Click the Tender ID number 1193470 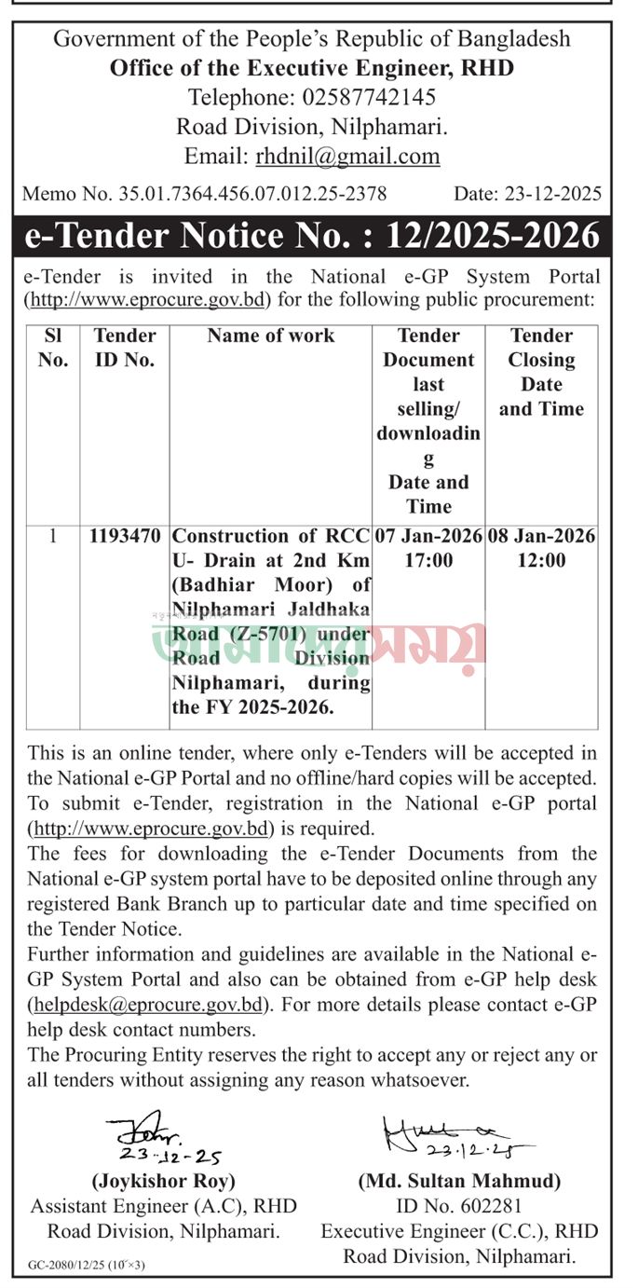125,536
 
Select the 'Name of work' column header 270,336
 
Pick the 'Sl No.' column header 53,348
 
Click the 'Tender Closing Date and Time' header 541,372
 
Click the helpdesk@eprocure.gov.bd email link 149,1004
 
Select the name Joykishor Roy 163,1181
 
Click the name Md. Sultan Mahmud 459,1181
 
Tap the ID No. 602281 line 459,1206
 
